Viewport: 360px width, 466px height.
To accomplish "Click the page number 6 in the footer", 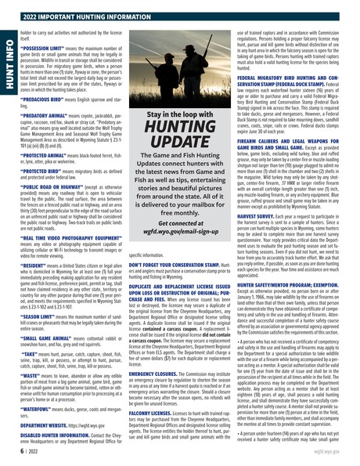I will click(14, 451).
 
